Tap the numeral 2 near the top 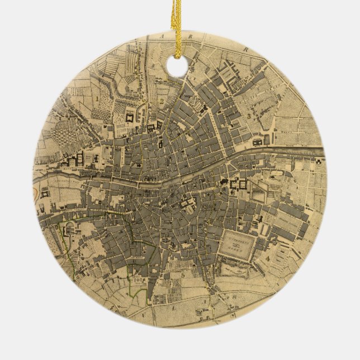click(161, 102)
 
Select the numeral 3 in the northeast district click(248, 116)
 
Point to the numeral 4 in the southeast click(268, 259)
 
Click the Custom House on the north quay click(258, 143)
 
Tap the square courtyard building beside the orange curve click(45, 194)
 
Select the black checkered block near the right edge click(319, 160)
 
